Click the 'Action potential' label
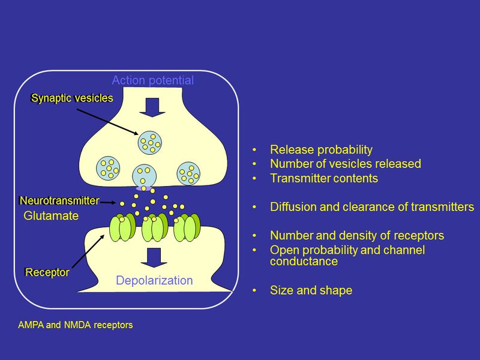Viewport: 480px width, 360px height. point(153,80)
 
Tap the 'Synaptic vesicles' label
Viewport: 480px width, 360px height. point(72,98)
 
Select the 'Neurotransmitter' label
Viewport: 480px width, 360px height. point(59,200)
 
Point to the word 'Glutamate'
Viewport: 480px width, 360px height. point(51,216)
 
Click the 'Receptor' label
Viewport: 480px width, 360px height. point(47,272)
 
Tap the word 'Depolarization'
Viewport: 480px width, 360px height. point(154,280)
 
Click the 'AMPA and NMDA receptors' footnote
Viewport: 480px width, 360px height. point(76,325)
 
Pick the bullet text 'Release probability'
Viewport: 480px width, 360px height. point(321,150)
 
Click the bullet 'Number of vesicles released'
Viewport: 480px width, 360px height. point(345,164)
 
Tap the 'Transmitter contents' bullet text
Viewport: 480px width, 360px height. point(324,178)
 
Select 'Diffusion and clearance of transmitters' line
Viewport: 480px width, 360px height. point(372,207)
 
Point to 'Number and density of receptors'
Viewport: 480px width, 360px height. point(347,236)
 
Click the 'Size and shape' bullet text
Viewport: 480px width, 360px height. point(311,290)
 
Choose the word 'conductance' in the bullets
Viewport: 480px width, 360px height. point(304,262)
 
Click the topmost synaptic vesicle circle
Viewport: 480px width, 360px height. point(150,142)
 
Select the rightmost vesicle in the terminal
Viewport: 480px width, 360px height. point(190,173)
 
